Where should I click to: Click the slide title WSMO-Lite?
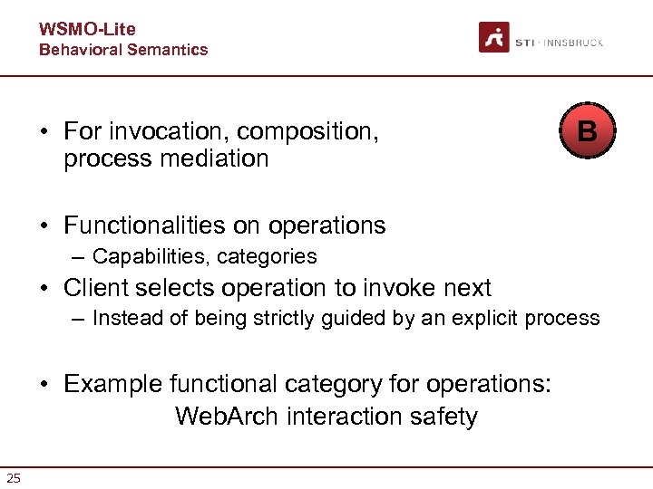click(x=87, y=30)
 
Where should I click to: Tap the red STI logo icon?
click(x=494, y=37)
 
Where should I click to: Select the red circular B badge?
click(x=587, y=131)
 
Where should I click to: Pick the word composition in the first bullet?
click(x=307, y=131)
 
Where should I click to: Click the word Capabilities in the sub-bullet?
click(x=150, y=256)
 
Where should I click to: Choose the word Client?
click(x=96, y=288)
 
